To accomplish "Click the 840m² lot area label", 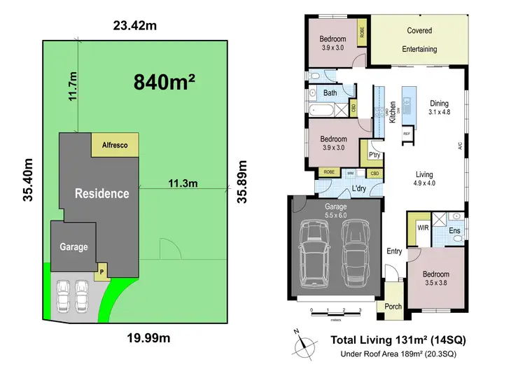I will click(164, 83).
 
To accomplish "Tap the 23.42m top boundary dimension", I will click(134, 27).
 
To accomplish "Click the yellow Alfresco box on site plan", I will click(115, 145).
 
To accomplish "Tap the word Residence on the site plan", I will click(102, 193).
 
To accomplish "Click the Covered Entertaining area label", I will click(419, 40).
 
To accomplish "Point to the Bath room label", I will click(330, 92).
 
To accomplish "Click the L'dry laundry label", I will click(360, 189).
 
